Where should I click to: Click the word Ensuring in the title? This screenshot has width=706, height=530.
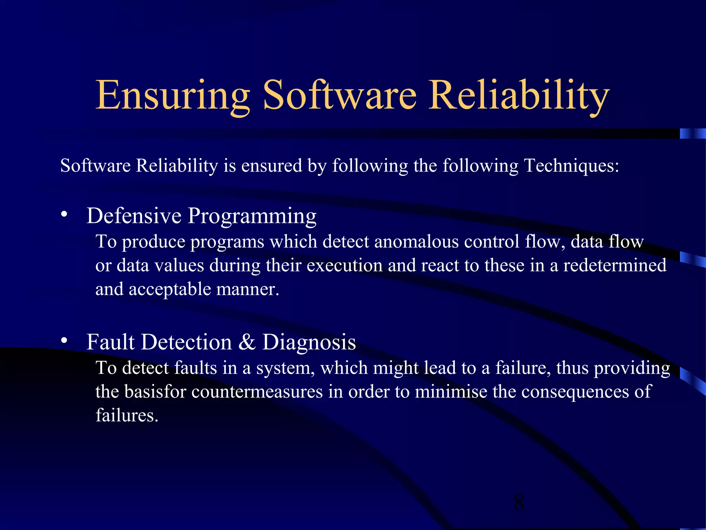[x=172, y=95]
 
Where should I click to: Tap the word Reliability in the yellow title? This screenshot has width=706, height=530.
[x=518, y=95]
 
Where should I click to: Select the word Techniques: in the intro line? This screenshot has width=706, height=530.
[x=572, y=166]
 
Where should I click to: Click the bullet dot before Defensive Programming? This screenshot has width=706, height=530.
[x=64, y=215]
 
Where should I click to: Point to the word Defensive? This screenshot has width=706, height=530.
[x=134, y=216]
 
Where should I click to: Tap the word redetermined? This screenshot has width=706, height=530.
[x=615, y=265]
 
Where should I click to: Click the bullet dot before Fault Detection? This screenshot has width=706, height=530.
[x=64, y=341]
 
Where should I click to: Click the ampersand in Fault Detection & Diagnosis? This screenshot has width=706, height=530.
[x=247, y=342]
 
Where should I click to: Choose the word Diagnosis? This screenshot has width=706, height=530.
[x=309, y=342]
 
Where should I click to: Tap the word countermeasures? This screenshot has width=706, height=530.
[x=257, y=392]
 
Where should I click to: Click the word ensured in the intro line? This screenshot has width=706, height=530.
[x=272, y=166]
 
